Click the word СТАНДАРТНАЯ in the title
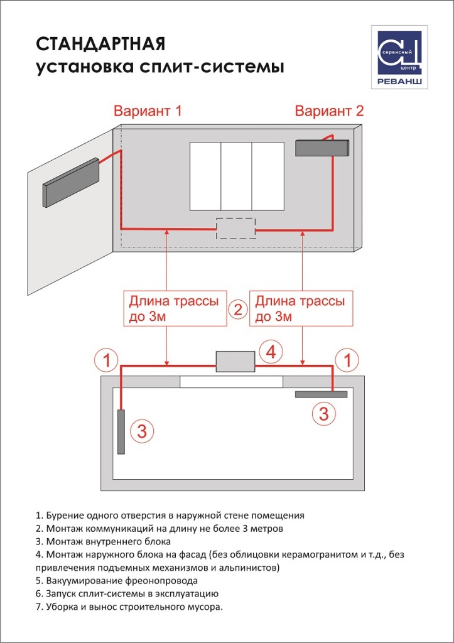(x=100, y=44)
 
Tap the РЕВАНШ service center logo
(x=399, y=57)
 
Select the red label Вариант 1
(x=148, y=112)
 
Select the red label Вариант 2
(x=329, y=112)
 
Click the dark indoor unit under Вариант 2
(x=322, y=148)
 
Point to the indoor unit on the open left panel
(x=71, y=182)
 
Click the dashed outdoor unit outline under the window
(x=235, y=228)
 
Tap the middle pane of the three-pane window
(x=236, y=176)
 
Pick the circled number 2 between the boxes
(x=237, y=310)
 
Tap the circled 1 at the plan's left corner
(x=107, y=360)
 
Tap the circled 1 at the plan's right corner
(x=347, y=360)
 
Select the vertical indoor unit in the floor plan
(x=121, y=432)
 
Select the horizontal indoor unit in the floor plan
(x=321, y=394)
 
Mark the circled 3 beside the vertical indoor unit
(x=142, y=431)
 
